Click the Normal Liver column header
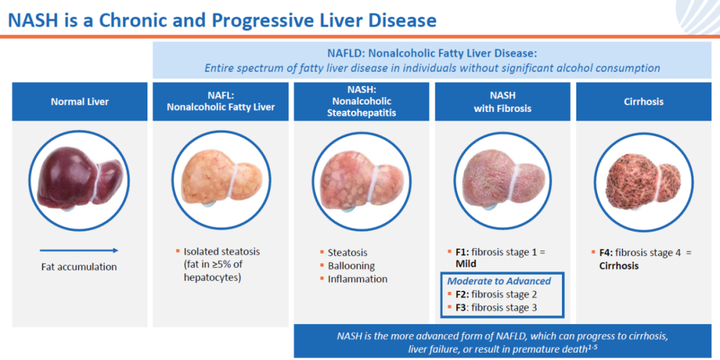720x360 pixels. coord(80,101)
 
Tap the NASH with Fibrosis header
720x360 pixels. coord(503,101)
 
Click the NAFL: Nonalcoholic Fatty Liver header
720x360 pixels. coord(221,101)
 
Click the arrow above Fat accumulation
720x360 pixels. coord(79,250)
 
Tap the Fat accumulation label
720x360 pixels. coord(79,267)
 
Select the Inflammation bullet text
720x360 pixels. coord(358,279)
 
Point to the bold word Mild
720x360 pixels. coord(465,264)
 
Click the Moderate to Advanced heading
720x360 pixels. coord(499,281)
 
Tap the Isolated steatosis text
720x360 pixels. coord(222,251)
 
